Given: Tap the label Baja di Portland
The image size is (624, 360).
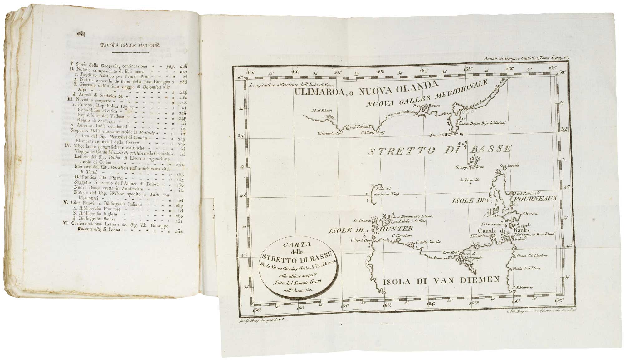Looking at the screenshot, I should coord(358,127).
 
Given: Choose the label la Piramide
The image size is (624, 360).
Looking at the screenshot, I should coord(470,180).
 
